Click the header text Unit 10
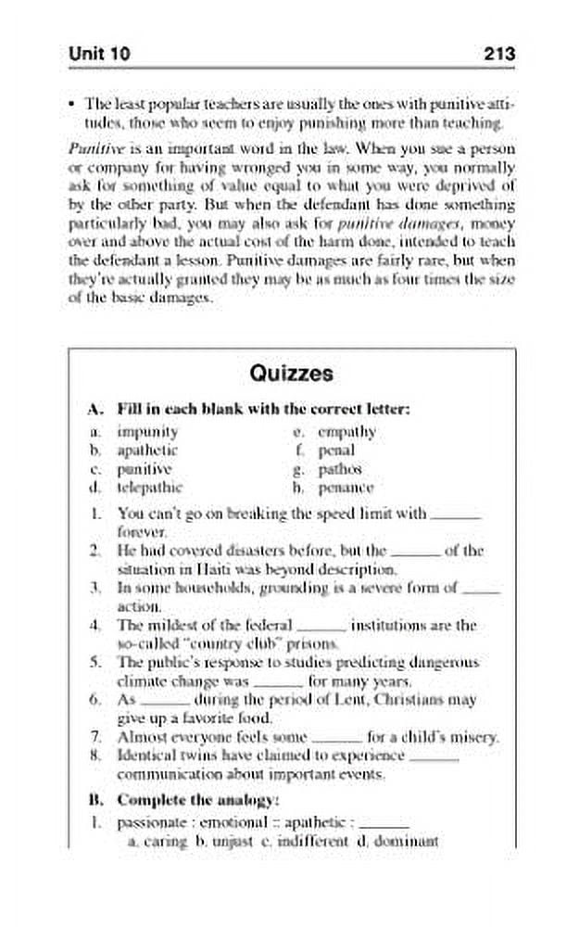[99, 55]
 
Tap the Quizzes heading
[283, 374]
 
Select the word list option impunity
[147, 431]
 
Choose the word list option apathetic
[147, 450]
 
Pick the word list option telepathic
[150, 486]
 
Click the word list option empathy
[346, 431]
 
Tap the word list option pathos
[339, 468]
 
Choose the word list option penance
[345, 486]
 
